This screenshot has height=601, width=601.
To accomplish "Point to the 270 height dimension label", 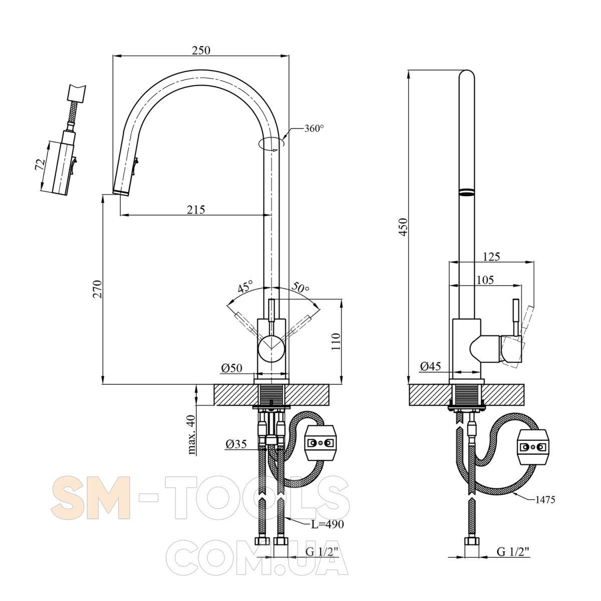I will (x=98, y=289).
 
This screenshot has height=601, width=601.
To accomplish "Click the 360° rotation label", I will (x=314, y=129).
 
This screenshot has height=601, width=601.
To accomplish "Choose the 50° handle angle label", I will (x=301, y=287).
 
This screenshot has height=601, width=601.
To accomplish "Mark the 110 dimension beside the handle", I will (x=336, y=341).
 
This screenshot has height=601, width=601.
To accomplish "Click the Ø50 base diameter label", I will (x=231, y=368).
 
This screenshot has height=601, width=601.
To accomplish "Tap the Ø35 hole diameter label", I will (x=236, y=443).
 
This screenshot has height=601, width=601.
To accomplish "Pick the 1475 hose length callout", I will (x=544, y=500).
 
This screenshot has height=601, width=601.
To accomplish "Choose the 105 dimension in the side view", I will (x=485, y=279).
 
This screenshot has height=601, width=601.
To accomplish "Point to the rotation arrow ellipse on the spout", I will (x=270, y=144).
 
